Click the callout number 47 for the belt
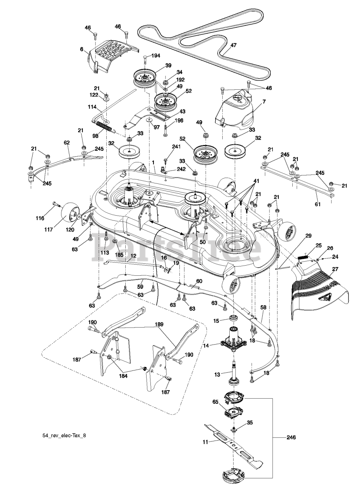(x=233, y=45)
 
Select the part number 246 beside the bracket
(x=291, y=437)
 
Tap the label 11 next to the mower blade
(x=205, y=441)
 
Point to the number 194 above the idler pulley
(x=156, y=56)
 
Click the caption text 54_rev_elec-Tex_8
(x=64, y=435)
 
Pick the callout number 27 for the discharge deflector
(x=335, y=270)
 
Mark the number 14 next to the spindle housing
(x=206, y=346)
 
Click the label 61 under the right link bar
(x=317, y=204)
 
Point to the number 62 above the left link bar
(x=67, y=143)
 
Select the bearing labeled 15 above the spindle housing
(x=234, y=319)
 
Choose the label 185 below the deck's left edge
(x=119, y=256)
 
